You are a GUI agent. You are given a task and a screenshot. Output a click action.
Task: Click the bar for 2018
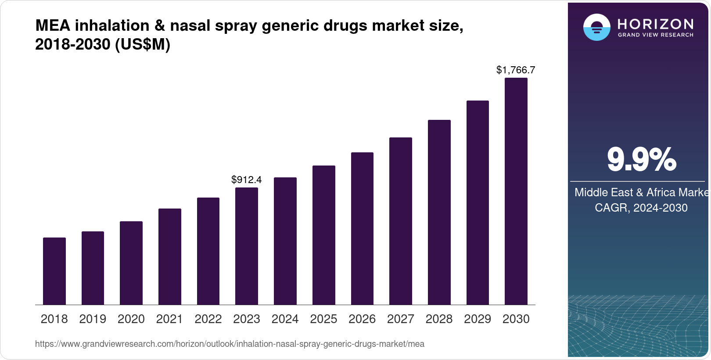pos(54,271)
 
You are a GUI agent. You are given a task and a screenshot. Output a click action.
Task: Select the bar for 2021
pos(170,256)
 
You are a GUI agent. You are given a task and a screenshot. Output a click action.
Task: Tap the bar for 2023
pos(247,246)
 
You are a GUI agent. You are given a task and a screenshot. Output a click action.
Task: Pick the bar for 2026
pos(362,228)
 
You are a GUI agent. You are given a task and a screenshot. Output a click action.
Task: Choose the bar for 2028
pos(439,212)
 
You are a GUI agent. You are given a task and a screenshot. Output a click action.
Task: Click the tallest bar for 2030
pos(516,191)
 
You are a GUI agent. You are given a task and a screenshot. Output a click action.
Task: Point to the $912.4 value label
pos(247,180)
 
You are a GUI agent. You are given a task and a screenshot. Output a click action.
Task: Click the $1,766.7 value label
pos(516,70)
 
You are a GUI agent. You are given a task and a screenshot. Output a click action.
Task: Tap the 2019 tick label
pos(93,319)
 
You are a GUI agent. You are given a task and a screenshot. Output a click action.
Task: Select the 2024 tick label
pos(285,319)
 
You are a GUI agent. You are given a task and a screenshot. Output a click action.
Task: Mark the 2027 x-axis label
pos(401,319)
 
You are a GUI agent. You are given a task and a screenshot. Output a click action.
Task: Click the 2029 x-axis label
pos(478,319)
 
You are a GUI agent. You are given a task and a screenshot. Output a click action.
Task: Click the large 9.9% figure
pos(641,159)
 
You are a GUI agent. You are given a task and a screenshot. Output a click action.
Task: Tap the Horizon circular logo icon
pos(596,28)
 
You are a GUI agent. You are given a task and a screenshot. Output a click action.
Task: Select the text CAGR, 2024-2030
pos(641,208)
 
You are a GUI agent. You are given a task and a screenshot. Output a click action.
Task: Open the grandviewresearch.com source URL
pos(230,344)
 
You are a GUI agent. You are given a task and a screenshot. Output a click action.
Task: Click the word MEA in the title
pos(53,25)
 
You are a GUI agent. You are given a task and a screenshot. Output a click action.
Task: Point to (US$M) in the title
pos(143,44)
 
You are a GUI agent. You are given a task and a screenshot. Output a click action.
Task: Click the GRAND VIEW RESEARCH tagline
pos(656,35)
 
